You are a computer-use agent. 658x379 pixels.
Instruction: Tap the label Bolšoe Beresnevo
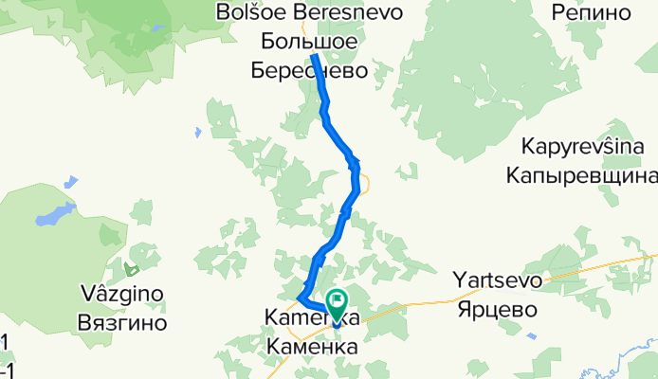coord(322,12)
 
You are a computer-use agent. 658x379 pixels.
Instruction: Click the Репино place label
coord(591,12)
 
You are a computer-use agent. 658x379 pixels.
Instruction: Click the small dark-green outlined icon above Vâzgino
coord(133,271)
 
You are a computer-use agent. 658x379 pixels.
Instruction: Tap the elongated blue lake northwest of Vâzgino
coord(55,216)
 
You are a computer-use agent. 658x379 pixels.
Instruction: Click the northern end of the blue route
coord(314,58)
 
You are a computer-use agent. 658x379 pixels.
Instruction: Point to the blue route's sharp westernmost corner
coord(299,298)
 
